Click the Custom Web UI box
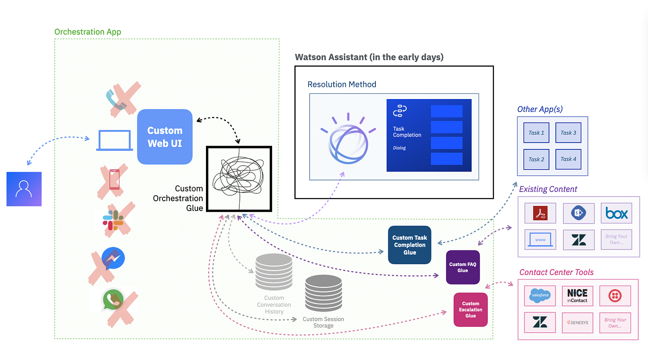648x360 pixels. coord(165,137)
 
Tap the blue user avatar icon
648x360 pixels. coord(24,189)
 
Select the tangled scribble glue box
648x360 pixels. coord(239,180)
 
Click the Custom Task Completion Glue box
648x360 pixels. coord(410,245)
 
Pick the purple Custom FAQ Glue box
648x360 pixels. coord(463,267)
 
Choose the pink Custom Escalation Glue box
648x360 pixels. coord(471,310)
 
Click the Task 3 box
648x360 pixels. coord(568,133)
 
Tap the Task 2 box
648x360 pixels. coord(536,159)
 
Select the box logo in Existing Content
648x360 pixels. coord(617,213)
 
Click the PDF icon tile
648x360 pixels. coord(540,213)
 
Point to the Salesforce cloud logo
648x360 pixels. coord(540,295)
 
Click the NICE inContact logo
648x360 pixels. coord(577,295)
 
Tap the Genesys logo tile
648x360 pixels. coord(577,322)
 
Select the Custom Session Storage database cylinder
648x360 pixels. coord(324,293)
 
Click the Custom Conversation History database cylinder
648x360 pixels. coord(274,272)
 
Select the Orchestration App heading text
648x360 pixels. coord(88,32)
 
